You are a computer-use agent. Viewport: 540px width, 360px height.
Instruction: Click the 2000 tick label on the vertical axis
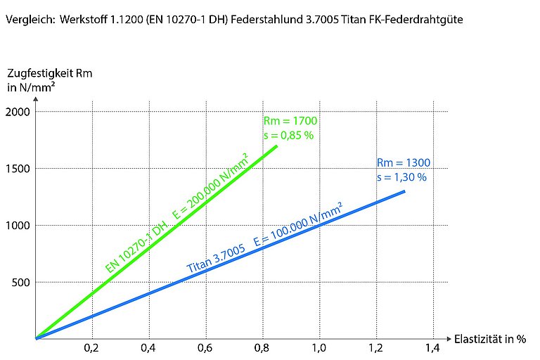pos(17,111)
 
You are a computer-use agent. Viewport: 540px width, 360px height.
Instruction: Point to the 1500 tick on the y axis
pos(17,169)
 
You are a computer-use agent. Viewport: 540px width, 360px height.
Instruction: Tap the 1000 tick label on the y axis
pos(17,226)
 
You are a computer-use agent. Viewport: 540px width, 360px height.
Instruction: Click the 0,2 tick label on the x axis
pos(91,348)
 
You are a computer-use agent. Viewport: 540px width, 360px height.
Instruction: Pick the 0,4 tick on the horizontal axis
pos(148,348)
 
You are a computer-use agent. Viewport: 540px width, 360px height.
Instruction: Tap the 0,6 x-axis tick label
pos(205,348)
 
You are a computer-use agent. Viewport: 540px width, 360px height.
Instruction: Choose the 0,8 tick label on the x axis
pos(262,348)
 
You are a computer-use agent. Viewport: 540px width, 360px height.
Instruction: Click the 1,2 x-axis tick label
pos(375,348)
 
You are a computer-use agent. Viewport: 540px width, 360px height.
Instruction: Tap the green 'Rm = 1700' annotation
pos(285,121)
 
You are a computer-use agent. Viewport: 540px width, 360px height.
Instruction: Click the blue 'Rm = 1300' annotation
pos(403,163)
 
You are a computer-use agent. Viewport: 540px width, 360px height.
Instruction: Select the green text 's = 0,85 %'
pos(288,135)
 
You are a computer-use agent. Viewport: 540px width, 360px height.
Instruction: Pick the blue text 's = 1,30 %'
pos(401,177)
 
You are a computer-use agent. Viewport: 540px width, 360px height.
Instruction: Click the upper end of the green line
pos(277,146)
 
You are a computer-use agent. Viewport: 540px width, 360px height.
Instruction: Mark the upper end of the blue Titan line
pos(404,191)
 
